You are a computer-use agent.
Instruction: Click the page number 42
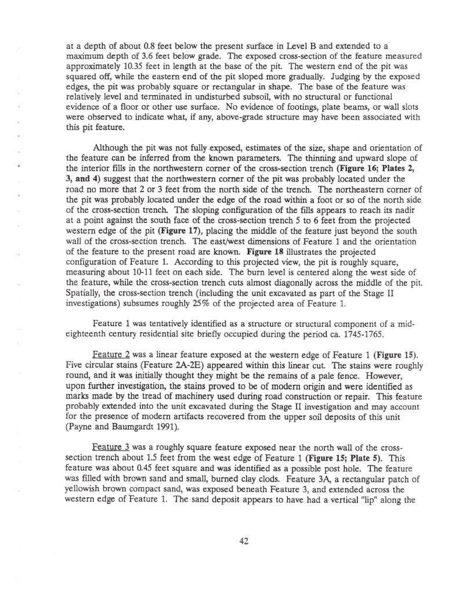coord(244,541)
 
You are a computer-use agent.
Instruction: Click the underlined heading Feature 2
coord(111,354)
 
